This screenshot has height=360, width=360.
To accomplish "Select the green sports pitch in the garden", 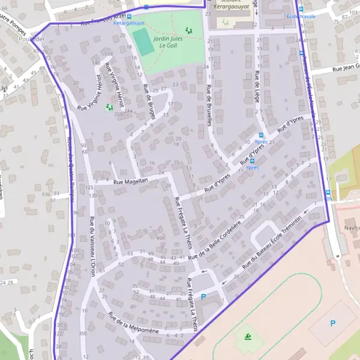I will (x=143, y=41).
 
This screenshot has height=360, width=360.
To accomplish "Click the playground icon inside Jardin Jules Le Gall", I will (x=190, y=30).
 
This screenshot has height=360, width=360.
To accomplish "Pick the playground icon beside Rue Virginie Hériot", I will (x=109, y=107).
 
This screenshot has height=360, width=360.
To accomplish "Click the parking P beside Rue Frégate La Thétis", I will (x=203, y=296).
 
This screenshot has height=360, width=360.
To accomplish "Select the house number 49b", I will (x=160, y=238).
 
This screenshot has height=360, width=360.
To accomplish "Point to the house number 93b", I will (x=46, y=194).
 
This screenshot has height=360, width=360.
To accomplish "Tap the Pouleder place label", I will (x=31, y=38).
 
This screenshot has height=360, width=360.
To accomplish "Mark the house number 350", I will (x=82, y=333).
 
